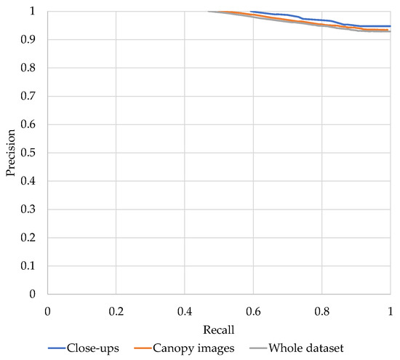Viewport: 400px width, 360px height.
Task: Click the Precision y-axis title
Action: [9, 153]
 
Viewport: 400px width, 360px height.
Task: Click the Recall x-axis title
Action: [218, 329]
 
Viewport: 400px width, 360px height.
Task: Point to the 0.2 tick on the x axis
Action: [116, 311]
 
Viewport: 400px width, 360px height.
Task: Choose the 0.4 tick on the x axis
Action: [184, 311]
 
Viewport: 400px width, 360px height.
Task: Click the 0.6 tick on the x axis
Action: [253, 311]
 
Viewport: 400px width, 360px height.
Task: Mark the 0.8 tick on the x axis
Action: [321, 311]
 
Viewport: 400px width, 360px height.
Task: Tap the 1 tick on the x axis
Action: [390, 311]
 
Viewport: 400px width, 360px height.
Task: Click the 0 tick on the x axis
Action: [47, 311]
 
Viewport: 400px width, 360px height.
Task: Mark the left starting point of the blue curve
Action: [250, 12]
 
